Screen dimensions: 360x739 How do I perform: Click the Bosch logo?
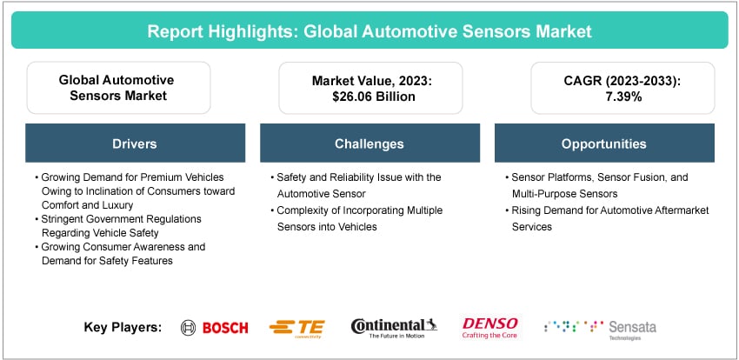(x=215, y=328)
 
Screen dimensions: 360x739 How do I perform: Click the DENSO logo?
(x=490, y=327)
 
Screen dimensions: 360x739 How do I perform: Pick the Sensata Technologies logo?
(x=600, y=328)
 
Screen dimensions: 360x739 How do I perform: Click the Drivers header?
(x=136, y=143)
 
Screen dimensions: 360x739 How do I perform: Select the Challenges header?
(x=369, y=143)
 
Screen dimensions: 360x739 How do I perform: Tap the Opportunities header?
(x=603, y=143)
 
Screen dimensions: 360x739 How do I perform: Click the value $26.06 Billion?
(x=369, y=97)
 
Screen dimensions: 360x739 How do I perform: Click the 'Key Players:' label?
(x=123, y=328)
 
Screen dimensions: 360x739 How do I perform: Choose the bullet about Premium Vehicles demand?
(x=130, y=184)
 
